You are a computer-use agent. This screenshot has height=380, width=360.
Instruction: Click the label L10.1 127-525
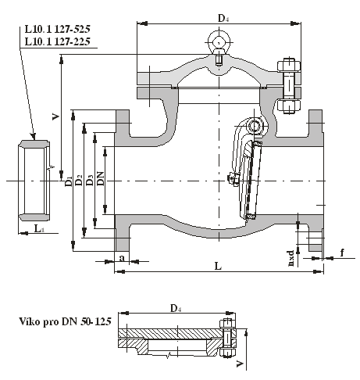[57, 29]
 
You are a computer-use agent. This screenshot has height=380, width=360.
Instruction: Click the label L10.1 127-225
[57, 41]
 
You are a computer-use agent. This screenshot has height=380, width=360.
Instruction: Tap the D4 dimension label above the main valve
[223, 18]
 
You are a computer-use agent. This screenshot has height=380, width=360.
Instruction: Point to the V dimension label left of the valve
[55, 117]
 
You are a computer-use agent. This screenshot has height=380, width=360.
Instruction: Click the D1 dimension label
[69, 181]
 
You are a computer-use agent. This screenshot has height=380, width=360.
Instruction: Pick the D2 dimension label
[79, 180]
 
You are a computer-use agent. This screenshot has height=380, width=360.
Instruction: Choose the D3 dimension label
[90, 180]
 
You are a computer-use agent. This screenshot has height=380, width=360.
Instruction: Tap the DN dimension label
[100, 178]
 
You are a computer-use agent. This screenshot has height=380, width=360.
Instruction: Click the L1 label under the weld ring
[39, 229]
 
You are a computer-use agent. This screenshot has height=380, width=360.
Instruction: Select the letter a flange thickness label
[122, 258]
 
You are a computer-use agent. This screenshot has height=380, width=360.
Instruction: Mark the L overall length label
[218, 266]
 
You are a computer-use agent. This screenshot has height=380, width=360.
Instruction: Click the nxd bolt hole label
[291, 258]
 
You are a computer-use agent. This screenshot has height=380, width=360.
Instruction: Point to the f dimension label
[342, 253]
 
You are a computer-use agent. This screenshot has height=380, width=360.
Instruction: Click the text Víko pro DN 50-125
[66, 321]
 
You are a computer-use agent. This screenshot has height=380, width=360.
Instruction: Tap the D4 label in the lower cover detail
[176, 308]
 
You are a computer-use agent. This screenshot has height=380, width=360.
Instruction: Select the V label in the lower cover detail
[240, 364]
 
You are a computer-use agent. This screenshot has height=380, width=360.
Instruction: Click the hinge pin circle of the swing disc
[254, 126]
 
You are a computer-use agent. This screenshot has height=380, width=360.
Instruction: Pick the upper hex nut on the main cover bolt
[289, 66]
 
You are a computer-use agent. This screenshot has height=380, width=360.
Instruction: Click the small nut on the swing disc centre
[233, 179]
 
